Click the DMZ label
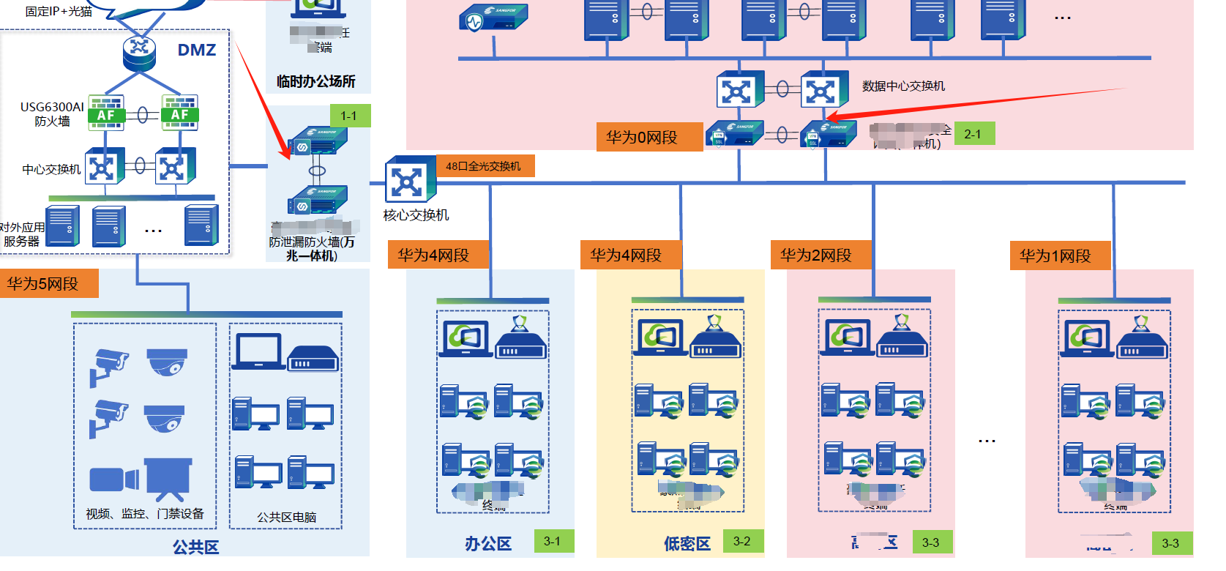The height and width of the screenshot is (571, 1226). pos(197,50)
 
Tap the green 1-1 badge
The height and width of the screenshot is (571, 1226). pos(349,116)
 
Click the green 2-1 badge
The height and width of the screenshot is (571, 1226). pos(973,134)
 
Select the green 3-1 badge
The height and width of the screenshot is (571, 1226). pos(553,541)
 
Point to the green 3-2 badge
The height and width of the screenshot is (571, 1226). pos(742,541)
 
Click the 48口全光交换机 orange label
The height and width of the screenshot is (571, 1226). pos(485,166)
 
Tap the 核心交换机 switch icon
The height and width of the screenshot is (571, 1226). pos(409,180)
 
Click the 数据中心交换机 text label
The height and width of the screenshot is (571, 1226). pos(903,86)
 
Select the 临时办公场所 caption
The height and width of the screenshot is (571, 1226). pos(316,81)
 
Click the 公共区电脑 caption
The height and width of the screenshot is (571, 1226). pos(286,517)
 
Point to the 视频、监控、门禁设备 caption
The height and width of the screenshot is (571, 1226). pos(145,514)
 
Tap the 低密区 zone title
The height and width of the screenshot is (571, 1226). pos(687,544)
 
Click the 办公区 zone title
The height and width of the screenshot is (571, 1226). pos(488,544)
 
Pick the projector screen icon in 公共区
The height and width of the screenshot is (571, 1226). pos(168,476)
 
